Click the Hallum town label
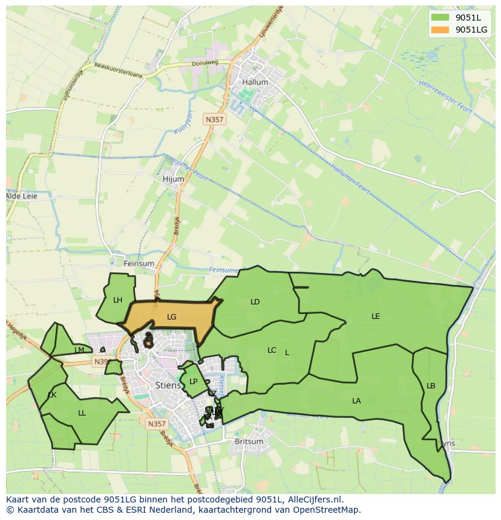tap(254, 82)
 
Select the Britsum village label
tap(249, 441)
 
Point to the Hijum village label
tap(173, 179)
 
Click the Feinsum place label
tap(139, 263)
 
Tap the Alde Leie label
tap(21, 196)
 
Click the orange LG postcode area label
tap(172, 316)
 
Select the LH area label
tap(117, 300)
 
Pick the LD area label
tap(255, 301)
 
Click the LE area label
tap(376, 316)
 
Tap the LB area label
tap(431, 385)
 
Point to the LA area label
tap(356, 400)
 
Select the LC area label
tap(272, 350)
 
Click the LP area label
tap(193, 381)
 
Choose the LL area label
tap(82, 413)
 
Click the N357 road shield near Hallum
tap(214, 120)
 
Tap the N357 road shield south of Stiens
tap(156, 424)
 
